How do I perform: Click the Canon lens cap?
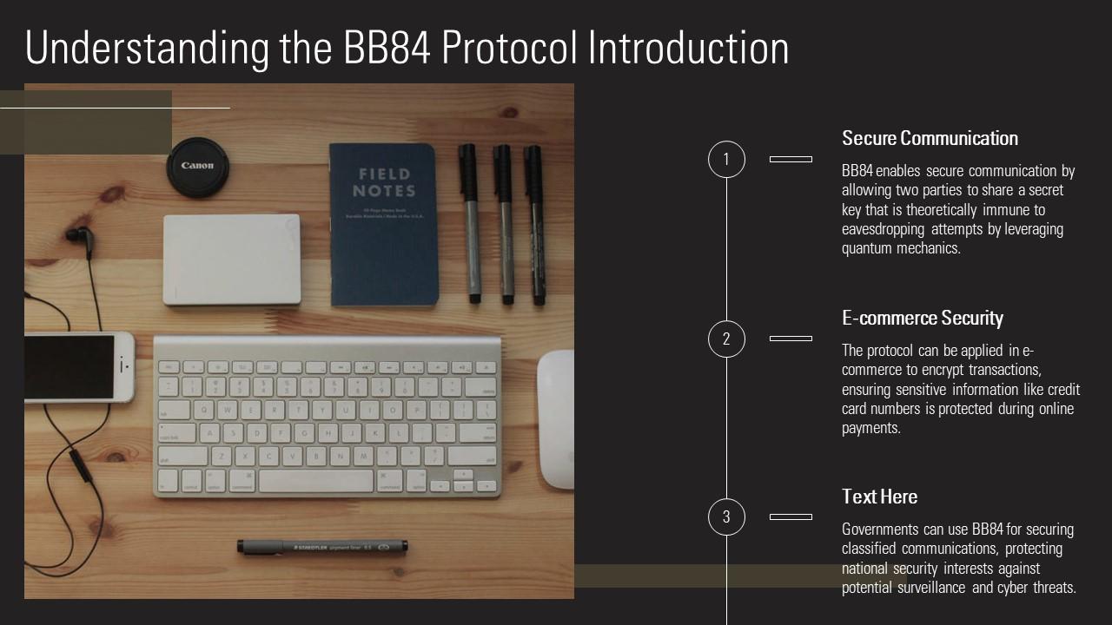tap(197, 166)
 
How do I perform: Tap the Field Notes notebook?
tap(383, 225)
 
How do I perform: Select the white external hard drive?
tap(232, 260)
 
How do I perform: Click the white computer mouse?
tap(556, 419)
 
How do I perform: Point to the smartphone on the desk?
tap(78, 366)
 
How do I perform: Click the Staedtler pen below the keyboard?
tap(321, 548)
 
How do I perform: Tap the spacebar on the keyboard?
tap(316, 481)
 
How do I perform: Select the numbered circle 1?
tap(726, 160)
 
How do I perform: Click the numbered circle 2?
tap(726, 339)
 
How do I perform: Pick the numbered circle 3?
tap(726, 517)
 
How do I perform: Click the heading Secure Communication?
tap(930, 139)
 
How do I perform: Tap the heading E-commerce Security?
tap(922, 319)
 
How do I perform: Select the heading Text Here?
tap(879, 497)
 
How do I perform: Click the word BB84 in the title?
tap(387, 49)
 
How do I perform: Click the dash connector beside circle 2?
tap(791, 339)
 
